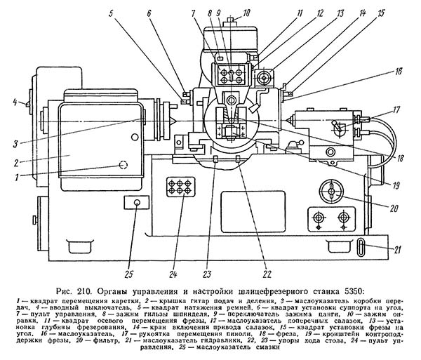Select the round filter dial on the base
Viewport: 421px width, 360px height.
tap(329, 191)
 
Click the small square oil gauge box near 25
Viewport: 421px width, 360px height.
tap(135, 203)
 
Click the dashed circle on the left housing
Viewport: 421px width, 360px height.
tap(123, 165)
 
